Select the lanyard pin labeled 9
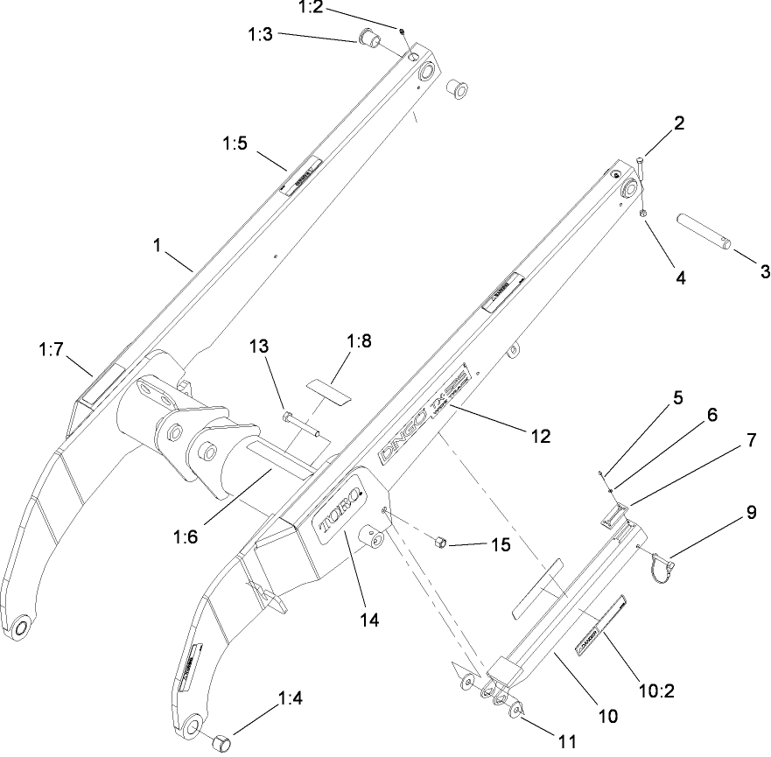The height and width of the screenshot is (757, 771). click(663, 563)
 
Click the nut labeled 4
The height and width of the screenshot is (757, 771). click(642, 213)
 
